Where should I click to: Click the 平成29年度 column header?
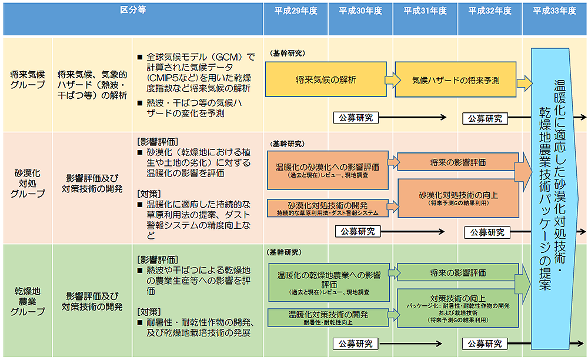296,11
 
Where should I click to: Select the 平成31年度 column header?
425,11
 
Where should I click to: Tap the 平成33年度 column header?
554,11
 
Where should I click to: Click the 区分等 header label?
132,10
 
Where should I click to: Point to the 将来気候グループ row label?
27,79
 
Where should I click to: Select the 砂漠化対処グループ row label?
27,184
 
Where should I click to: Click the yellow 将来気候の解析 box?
326,80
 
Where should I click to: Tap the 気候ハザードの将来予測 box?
456,80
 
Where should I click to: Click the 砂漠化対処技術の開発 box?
328,208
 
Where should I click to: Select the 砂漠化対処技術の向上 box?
458,198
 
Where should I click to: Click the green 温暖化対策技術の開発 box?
328,316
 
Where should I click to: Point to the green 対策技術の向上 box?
458,306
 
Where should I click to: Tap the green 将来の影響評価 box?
458,273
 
